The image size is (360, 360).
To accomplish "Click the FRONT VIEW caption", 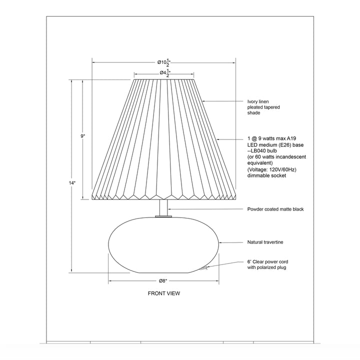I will click(163, 293).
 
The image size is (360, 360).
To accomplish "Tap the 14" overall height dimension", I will click(72, 183).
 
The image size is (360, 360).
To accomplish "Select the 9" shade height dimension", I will click(83, 135).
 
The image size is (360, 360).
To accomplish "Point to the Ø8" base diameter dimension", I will click(163, 280).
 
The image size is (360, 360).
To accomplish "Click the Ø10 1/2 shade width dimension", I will click(163, 62).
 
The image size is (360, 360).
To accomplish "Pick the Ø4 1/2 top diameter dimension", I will click(163, 73).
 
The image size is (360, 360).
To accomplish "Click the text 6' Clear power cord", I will click(267, 261).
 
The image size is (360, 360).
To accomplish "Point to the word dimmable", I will click(258, 176).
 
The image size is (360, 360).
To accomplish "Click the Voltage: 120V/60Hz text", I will click(272, 169).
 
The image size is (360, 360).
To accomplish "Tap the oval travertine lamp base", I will click(163, 245).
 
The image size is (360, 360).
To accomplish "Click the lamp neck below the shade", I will click(163, 207).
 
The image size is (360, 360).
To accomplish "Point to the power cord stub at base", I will click(204, 268).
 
